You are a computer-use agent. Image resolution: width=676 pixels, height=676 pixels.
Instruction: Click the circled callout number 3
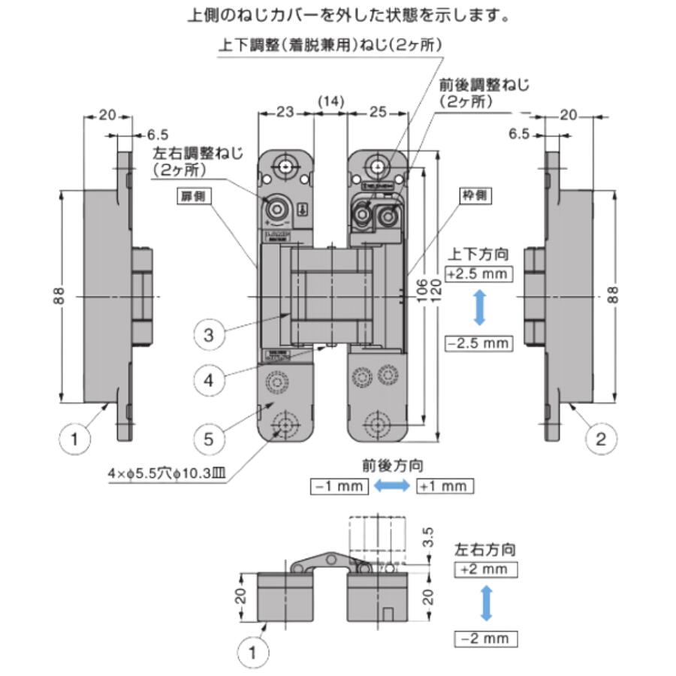point(209,335)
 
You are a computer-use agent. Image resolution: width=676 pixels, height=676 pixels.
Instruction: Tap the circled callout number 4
point(209,380)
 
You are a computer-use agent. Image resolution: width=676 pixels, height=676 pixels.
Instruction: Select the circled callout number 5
point(209,436)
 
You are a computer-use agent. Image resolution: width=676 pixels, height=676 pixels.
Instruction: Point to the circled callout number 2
point(600,438)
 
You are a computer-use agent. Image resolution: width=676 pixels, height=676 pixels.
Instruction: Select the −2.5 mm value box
point(478,343)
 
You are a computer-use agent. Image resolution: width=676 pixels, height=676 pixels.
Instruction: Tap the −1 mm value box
point(340,486)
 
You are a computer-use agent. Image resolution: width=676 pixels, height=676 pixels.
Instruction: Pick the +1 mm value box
point(445,486)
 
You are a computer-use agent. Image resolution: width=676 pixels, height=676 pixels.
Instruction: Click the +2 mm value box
point(486,569)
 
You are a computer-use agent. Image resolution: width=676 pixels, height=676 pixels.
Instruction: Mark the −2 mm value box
point(486,638)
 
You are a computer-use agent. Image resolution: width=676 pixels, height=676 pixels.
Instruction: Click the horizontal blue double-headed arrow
point(392,486)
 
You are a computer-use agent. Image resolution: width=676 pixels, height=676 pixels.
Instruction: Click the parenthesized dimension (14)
point(330,100)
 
